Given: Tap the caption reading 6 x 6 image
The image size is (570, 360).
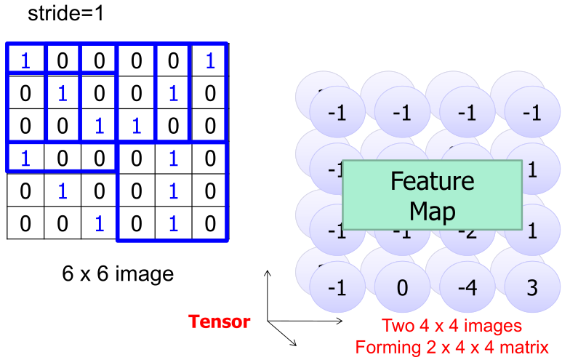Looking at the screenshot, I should click(x=118, y=273).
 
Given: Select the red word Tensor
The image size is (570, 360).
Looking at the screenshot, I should click(x=220, y=321).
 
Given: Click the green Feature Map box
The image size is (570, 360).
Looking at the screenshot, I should click(x=432, y=195).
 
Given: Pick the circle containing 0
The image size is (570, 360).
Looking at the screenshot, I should click(x=402, y=287).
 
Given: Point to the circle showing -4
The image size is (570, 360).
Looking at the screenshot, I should click(x=467, y=287).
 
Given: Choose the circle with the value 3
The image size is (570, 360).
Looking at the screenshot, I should click(x=531, y=287).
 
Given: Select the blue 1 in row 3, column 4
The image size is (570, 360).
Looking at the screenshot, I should click(x=136, y=126).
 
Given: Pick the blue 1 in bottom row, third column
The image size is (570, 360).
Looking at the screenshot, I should click(x=99, y=223).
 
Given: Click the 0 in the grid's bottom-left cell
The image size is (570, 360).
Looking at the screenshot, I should click(x=25, y=223).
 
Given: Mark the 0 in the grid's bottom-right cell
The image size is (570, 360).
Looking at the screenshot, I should click(x=210, y=223).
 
